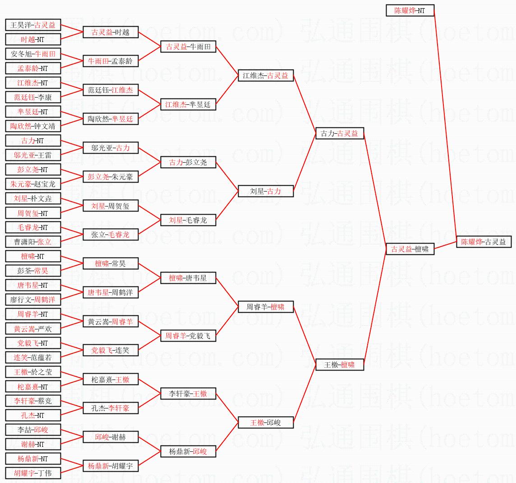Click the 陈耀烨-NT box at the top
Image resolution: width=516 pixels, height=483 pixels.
410,10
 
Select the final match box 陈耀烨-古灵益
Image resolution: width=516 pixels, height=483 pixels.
484,242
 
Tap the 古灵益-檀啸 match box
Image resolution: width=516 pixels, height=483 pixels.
410,249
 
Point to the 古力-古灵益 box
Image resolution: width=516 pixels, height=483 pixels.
340,133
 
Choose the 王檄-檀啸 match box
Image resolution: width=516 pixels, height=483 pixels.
340,365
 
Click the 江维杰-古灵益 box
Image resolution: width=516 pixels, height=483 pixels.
266,75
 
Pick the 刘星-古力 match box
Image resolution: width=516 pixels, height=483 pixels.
266,191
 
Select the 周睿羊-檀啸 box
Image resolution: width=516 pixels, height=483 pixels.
266,307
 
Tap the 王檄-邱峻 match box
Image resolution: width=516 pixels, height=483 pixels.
266,422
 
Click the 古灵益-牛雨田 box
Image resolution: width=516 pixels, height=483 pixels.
188,47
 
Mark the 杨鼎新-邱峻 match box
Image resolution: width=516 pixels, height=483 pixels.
188,451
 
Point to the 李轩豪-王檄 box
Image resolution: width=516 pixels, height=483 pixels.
188,394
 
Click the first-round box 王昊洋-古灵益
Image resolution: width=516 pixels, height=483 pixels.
33,25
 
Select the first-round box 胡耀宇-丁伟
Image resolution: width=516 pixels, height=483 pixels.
33,473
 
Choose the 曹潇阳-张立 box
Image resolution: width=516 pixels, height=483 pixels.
33,242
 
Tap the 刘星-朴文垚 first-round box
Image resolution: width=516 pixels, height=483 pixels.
33,198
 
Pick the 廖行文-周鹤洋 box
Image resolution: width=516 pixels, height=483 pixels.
33,300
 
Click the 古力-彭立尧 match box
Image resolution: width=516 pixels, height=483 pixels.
188,162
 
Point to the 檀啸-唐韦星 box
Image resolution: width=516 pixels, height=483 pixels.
188,278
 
